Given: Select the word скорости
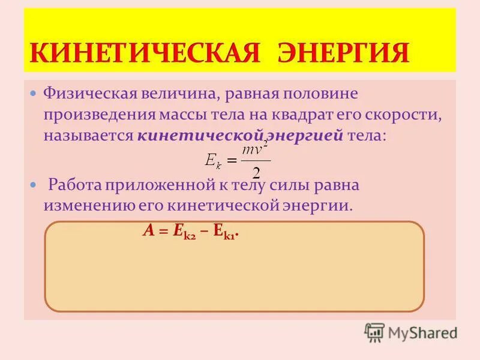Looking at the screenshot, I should pos(405,114).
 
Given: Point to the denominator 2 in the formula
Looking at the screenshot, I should pos(256,173).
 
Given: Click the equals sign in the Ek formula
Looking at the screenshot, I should pos(231,160).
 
